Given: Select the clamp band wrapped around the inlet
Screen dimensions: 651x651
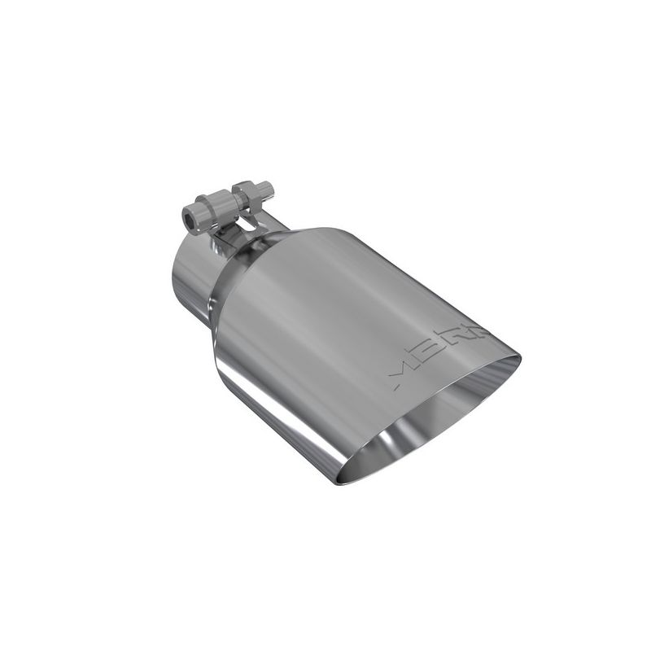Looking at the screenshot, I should pyautogui.click(x=244, y=244).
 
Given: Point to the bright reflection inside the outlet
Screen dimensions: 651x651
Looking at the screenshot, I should pyautogui.click(x=382, y=456).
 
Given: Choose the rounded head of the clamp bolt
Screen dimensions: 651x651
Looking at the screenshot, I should pyautogui.click(x=192, y=218).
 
